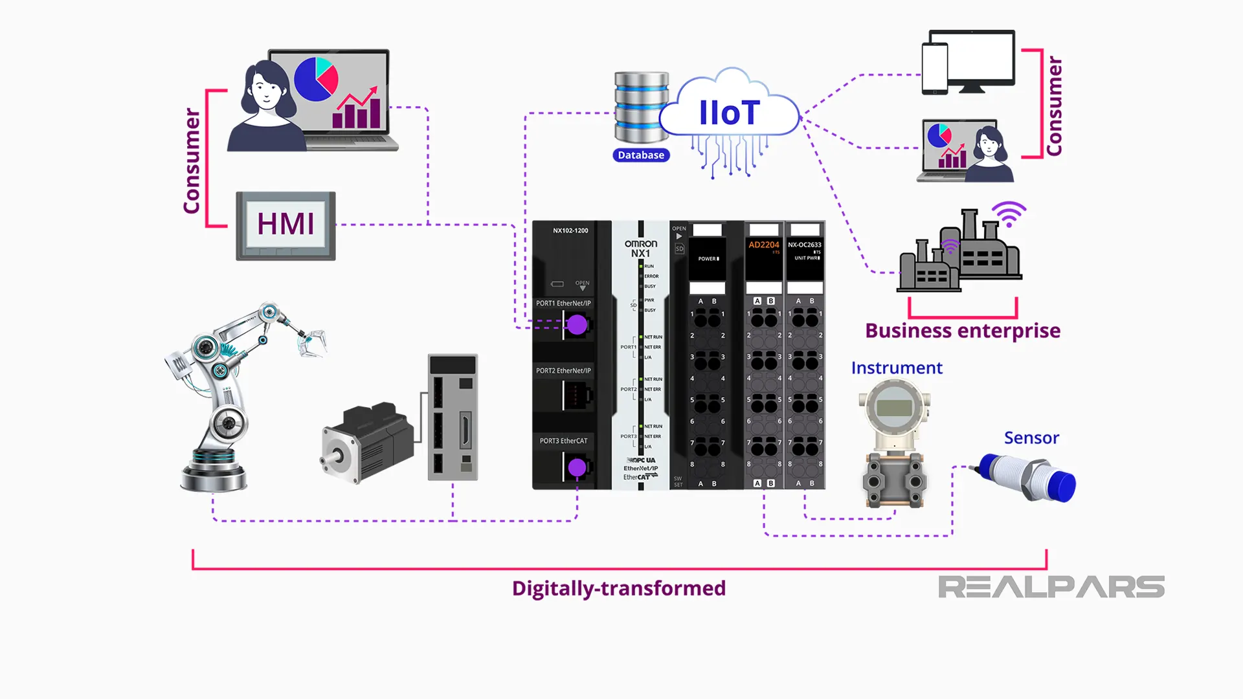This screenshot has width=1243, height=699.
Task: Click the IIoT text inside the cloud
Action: point(729,113)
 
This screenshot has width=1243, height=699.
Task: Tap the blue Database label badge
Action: point(641,155)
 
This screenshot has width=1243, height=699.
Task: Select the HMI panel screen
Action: point(286,224)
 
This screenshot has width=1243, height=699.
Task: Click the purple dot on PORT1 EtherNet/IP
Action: point(577,325)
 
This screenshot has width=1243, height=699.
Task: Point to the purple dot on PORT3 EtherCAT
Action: point(577,467)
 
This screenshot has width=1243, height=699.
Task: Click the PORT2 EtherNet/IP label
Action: point(563,371)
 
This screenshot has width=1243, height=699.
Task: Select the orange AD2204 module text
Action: point(764,245)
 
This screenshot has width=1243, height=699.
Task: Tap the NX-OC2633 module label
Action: point(805,245)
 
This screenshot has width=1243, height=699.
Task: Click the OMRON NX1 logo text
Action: point(640,249)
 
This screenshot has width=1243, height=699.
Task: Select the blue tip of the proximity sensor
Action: point(1062,486)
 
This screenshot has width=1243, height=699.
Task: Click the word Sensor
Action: point(1031,438)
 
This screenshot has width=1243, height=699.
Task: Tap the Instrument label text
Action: point(897,368)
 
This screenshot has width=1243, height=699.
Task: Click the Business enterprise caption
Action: point(963,331)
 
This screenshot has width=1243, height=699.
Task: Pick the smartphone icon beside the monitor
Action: point(935,68)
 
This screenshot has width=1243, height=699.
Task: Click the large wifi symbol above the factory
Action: point(1009,214)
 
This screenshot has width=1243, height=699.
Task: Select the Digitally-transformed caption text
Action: point(619,588)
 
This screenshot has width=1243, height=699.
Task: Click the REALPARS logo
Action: point(1051,587)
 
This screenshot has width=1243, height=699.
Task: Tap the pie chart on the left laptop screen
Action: point(316,80)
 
